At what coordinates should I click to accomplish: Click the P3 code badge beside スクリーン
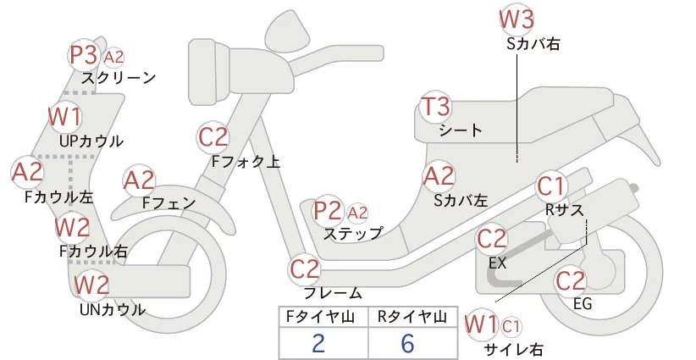click(83, 55)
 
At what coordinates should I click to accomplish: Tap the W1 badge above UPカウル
click(64, 116)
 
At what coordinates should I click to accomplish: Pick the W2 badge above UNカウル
click(91, 285)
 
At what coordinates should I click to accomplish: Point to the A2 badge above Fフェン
click(139, 180)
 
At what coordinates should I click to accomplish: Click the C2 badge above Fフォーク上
click(213, 137)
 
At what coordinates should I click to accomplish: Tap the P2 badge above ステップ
click(328, 211)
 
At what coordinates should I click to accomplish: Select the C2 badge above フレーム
click(304, 270)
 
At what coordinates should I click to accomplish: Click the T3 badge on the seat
click(435, 108)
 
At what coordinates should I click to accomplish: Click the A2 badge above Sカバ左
click(438, 177)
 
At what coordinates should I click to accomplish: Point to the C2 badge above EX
click(492, 240)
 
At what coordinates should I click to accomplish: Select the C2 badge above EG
click(571, 280)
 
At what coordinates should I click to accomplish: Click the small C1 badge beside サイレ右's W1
click(511, 324)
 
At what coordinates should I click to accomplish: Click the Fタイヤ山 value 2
click(318, 343)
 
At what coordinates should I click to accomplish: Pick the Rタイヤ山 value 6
click(407, 343)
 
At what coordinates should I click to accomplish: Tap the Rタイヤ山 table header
click(410, 317)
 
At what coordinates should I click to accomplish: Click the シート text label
click(461, 130)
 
